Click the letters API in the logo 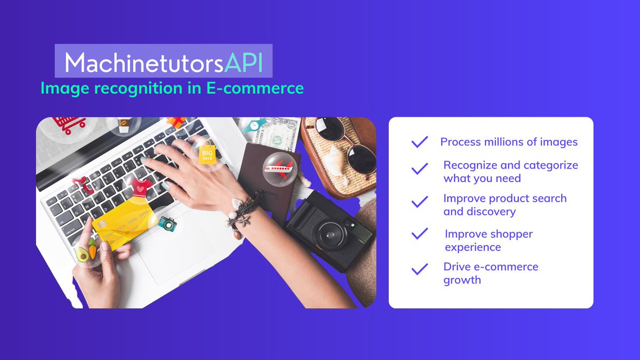click(x=244, y=63)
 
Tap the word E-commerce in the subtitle click(x=255, y=88)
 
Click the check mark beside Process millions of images click(x=420, y=142)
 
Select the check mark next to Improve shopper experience click(x=420, y=234)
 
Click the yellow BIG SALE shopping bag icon click(x=206, y=155)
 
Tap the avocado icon click(x=82, y=254)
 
